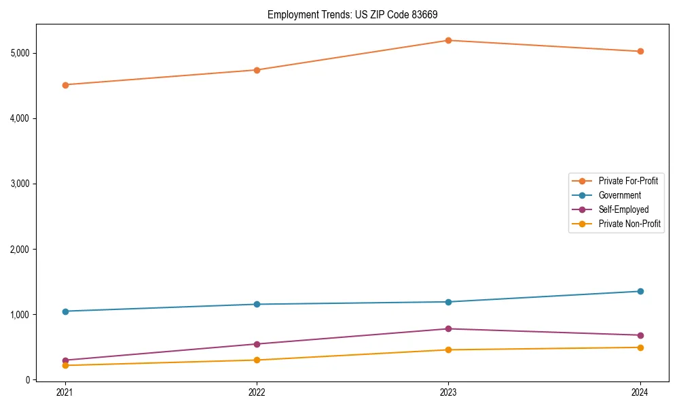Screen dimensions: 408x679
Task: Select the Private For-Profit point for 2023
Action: click(x=448, y=40)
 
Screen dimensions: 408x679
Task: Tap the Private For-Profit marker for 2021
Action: click(x=65, y=85)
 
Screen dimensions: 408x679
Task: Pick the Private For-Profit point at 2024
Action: click(x=640, y=51)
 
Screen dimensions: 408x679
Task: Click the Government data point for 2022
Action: click(x=257, y=304)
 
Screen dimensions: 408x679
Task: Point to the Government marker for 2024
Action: click(x=640, y=291)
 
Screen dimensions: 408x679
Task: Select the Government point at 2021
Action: click(x=65, y=311)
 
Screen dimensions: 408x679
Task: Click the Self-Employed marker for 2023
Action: click(x=448, y=329)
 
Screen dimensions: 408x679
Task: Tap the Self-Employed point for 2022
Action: click(x=257, y=344)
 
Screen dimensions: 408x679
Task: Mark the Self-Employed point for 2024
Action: click(x=640, y=335)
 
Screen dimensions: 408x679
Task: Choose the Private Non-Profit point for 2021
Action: click(x=65, y=365)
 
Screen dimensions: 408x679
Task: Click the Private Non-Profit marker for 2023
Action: click(x=448, y=350)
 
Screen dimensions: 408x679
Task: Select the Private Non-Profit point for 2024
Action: click(x=640, y=347)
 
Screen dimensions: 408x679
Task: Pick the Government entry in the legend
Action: click(x=619, y=195)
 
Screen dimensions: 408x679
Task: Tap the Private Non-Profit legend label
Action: click(x=629, y=224)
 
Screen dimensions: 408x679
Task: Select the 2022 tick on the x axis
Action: click(x=257, y=392)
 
